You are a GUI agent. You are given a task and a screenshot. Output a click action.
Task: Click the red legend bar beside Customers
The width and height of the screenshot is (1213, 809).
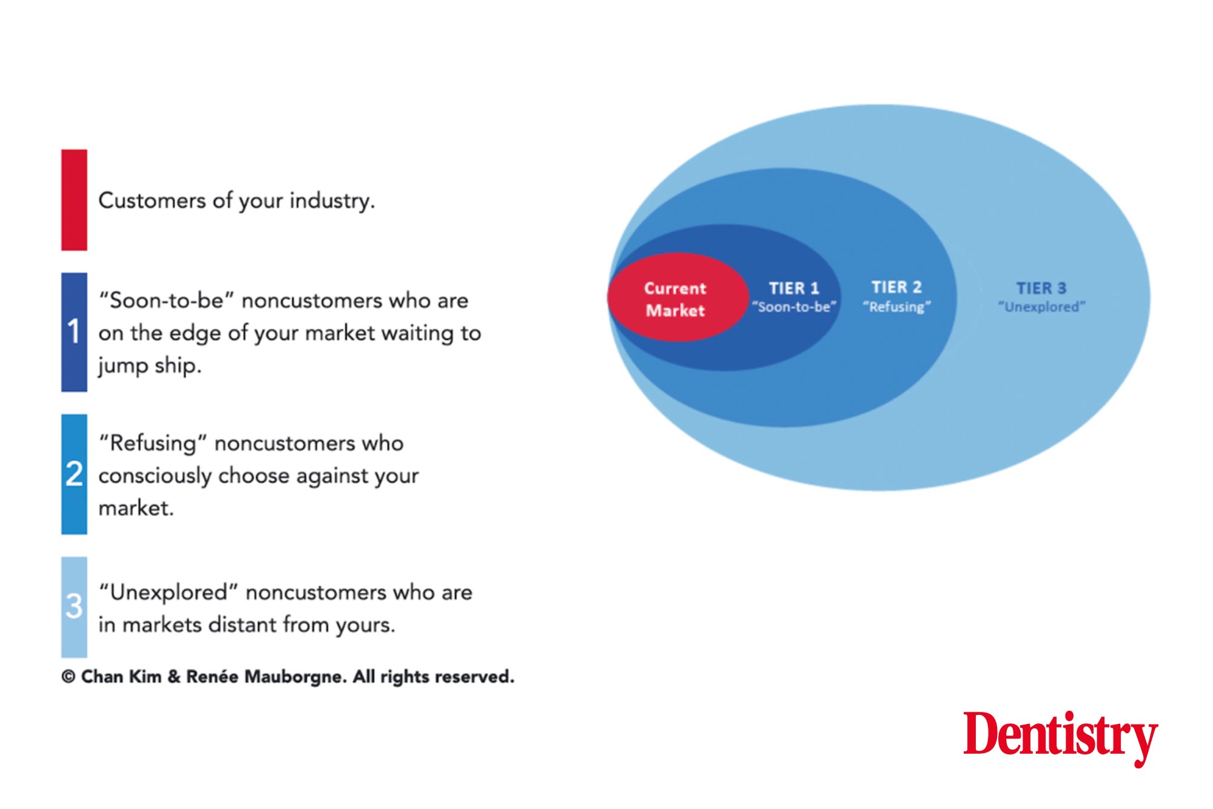(74, 200)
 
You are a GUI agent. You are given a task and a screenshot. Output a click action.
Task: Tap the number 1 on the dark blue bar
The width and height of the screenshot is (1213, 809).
(73, 331)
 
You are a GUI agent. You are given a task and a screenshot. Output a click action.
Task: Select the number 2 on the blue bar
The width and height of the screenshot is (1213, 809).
(74, 473)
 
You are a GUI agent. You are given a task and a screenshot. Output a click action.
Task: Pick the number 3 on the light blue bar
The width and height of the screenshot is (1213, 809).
(74, 606)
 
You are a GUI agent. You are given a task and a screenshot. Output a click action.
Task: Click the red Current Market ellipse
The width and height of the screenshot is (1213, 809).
(677, 297)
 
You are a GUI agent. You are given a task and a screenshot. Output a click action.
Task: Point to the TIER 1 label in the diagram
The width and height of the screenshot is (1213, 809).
(794, 288)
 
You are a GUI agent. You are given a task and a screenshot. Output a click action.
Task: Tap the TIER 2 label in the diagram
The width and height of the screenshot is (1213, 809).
(896, 287)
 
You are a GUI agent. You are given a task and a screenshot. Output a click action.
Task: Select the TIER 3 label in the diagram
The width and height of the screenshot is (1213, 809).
(1041, 288)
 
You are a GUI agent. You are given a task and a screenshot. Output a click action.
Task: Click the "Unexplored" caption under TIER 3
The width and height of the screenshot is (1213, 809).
(1042, 307)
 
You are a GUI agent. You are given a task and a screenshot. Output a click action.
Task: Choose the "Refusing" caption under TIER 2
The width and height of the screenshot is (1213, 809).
(896, 306)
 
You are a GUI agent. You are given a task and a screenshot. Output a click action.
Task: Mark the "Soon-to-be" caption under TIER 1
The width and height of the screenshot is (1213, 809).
(794, 307)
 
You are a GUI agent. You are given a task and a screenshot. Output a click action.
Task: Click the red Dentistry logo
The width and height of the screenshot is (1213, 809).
(1061, 737)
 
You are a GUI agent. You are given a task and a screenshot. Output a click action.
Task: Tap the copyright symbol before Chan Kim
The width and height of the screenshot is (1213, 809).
(69, 677)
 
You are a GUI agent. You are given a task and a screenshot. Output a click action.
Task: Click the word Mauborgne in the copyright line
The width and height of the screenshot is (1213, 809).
(295, 677)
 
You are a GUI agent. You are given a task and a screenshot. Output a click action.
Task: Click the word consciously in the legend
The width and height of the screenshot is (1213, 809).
(155, 476)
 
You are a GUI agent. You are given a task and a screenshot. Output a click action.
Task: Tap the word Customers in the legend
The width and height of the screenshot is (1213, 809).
(152, 200)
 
